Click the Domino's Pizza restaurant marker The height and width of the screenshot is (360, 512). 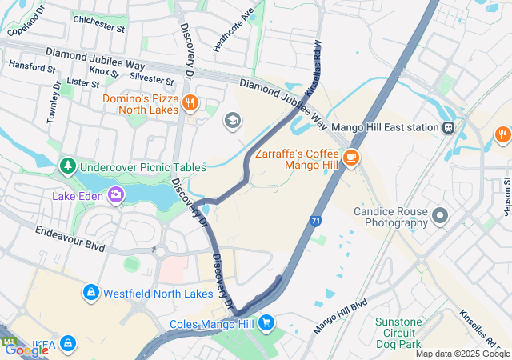pyautogui.click(x=190, y=102)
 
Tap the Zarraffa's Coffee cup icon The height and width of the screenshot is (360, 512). pyautogui.click(x=352, y=158)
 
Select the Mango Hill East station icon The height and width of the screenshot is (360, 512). pyautogui.click(x=450, y=127)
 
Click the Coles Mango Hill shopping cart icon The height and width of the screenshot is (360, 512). pyautogui.click(x=266, y=323)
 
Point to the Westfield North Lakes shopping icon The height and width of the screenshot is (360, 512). pyautogui.click(x=91, y=293)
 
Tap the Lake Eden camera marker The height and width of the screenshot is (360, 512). pyautogui.click(x=117, y=194)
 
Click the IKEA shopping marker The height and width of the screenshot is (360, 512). pyautogui.click(x=69, y=343)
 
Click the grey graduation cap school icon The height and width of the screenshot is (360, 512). pyautogui.click(x=232, y=120)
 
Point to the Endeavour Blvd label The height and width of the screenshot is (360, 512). pyautogui.click(x=70, y=238)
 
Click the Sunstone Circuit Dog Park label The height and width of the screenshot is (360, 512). pyautogui.click(x=399, y=334)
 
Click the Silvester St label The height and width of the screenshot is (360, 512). pyautogui.click(x=151, y=80)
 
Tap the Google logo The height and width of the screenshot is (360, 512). pyautogui.click(x=26, y=350)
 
